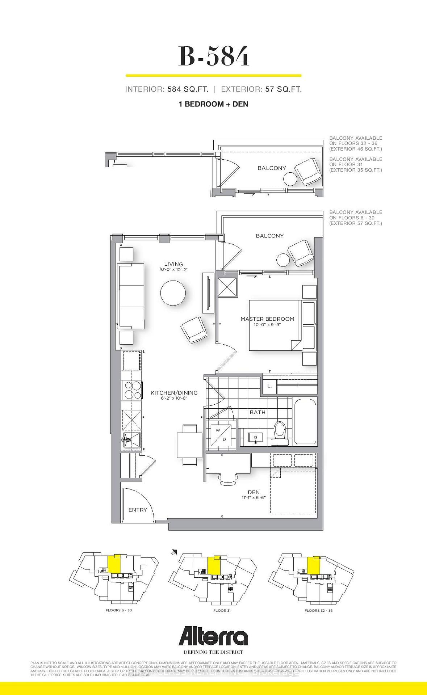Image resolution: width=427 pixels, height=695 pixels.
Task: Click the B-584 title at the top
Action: click(x=214, y=56)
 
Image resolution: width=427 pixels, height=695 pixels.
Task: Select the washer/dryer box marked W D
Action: click(x=221, y=435)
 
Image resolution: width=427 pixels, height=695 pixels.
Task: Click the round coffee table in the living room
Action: click(x=173, y=293)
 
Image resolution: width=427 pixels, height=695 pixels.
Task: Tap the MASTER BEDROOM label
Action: click(x=267, y=319)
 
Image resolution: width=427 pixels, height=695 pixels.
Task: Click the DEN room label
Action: click(x=254, y=492)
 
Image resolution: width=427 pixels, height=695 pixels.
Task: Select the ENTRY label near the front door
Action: click(x=138, y=510)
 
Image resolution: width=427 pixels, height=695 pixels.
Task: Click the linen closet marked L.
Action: click(x=269, y=386)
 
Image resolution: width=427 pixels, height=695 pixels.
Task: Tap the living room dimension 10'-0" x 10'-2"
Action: click(x=173, y=270)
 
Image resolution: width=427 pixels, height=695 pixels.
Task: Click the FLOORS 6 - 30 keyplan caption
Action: click(x=118, y=610)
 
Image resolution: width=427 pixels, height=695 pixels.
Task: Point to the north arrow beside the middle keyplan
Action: click(x=174, y=552)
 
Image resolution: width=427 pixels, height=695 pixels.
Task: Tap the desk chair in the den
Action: click(x=229, y=479)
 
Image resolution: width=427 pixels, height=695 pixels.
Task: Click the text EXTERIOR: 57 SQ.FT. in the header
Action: click(x=261, y=89)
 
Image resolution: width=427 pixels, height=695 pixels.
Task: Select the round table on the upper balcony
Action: click(x=290, y=179)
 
